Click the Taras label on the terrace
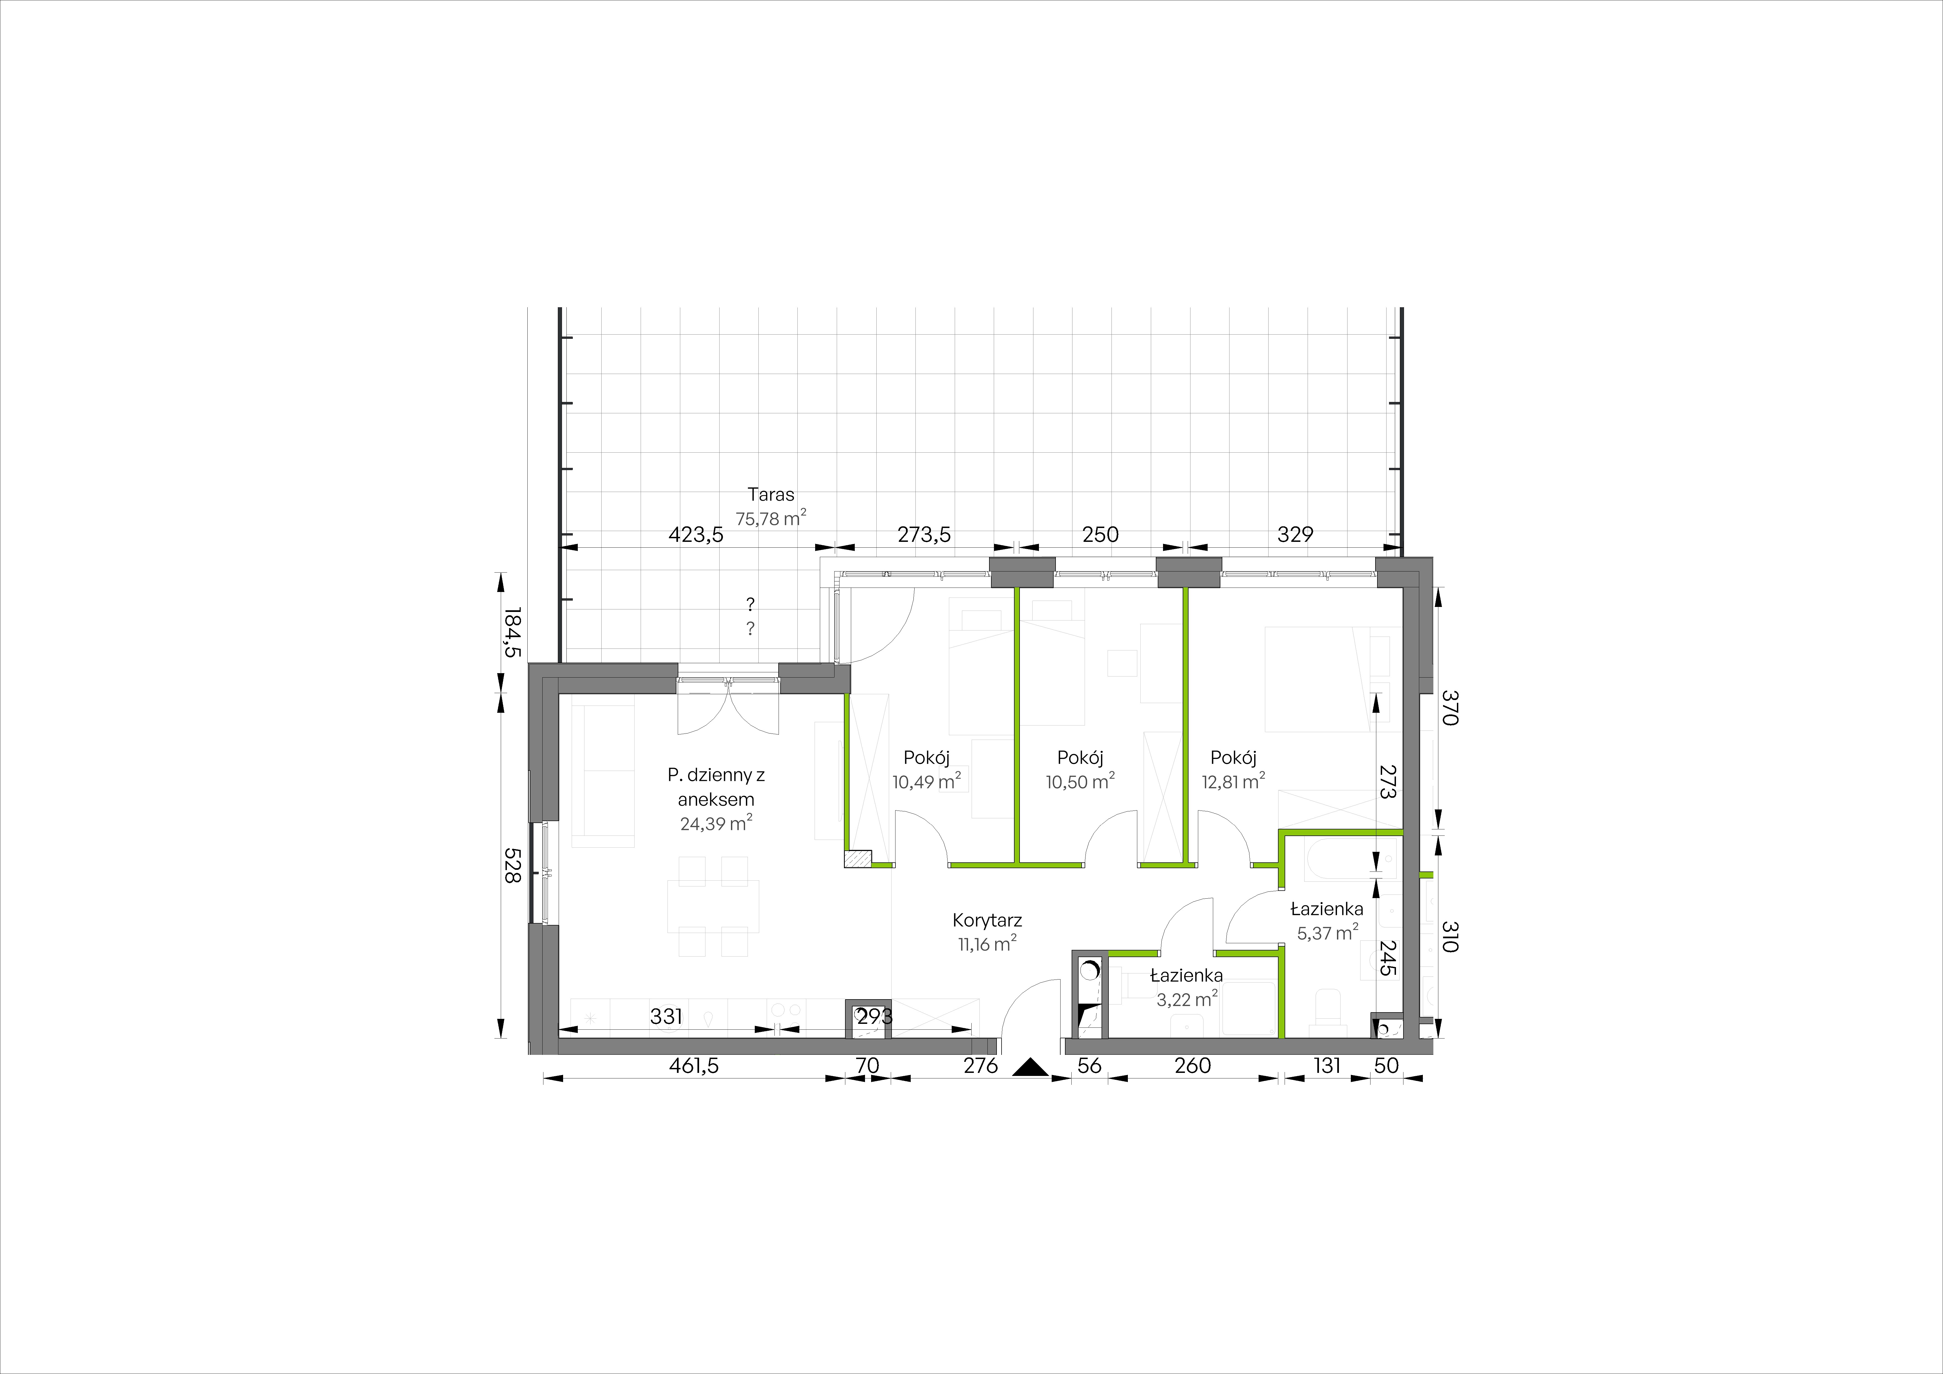point(179,494)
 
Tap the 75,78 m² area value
point(179,518)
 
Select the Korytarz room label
point(988,920)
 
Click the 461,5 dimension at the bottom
point(694,1066)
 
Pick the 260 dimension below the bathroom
point(1193,1066)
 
